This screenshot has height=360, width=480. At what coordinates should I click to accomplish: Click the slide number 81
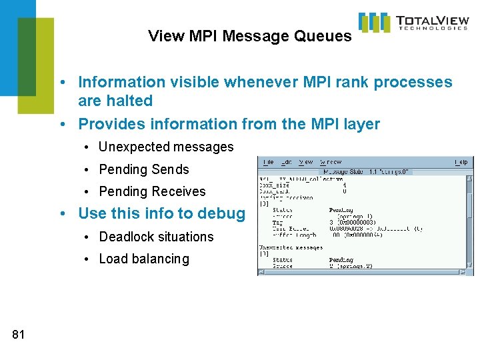point(18,335)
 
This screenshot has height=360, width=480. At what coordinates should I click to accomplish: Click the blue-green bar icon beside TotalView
point(374,22)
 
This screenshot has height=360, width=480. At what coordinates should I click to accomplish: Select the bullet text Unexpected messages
point(166,147)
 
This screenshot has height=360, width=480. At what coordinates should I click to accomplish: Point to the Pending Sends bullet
point(144,169)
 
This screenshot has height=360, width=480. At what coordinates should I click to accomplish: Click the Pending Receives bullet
point(152,191)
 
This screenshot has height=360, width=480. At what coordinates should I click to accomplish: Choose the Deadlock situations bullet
point(156,237)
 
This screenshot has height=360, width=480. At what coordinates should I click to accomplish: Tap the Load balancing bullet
point(144,259)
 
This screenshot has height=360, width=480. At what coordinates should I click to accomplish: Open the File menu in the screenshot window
point(268,162)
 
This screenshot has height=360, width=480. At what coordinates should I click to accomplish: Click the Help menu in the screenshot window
point(461,162)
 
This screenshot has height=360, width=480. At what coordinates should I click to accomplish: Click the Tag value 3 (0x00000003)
point(357,222)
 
